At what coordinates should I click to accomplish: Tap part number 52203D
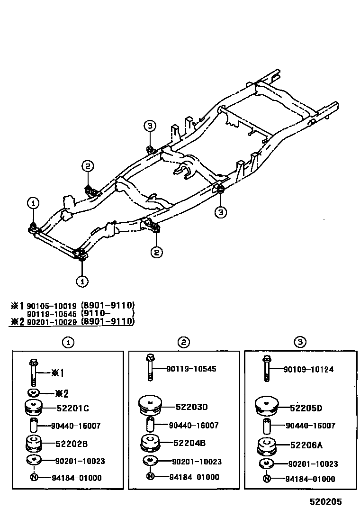tap(192, 407)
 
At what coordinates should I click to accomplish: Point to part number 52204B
tap(189, 444)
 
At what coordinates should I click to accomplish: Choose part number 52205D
tap(306, 408)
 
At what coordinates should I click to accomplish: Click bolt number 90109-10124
tap(309, 369)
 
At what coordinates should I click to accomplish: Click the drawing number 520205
tap(326, 501)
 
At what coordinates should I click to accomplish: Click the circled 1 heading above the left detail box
tap(69, 342)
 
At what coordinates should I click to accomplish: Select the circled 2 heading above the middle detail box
tap(184, 342)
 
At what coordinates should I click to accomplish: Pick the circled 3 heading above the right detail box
tap(300, 342)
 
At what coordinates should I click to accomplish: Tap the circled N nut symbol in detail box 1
tap(34, 478)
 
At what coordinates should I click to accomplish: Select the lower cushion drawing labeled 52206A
tap(267, 446)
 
